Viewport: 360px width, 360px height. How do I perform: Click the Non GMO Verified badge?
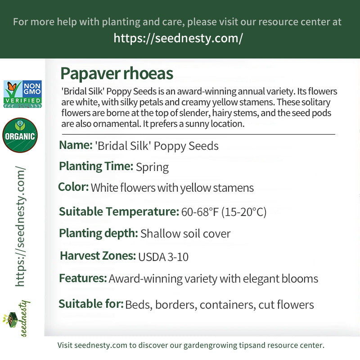[x=22, y=94]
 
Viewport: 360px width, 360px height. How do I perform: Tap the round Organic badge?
[x=20, y=135]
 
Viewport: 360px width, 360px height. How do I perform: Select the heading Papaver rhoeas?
[x=117, y=73]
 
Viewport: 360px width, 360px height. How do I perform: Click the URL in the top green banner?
[x=178, y=38]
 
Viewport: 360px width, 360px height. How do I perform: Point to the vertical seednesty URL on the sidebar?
[x=20, y=227]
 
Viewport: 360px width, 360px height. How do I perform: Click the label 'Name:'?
[x=76, y=145]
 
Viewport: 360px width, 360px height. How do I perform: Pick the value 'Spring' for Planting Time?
[x=152, y=167]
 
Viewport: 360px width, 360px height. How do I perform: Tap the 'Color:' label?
[x=73, y=187]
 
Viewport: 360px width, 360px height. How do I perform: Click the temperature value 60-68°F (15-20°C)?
[x=224, y=212]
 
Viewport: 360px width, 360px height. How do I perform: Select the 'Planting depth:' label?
[x=98, y=233]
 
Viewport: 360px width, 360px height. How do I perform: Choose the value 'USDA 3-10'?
[x=163, y=257]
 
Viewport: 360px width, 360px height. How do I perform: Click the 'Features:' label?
[x=83, y=278]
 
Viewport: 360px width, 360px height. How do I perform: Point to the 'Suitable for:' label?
[x=91, y=304]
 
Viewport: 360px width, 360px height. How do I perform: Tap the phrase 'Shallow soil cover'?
[x=185, y=234]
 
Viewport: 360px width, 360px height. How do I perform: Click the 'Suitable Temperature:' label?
[x=119, y=211]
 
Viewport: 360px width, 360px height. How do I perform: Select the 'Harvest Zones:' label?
[x=98, y=256]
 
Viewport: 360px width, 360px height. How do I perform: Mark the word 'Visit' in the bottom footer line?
[x=65, y=346]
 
